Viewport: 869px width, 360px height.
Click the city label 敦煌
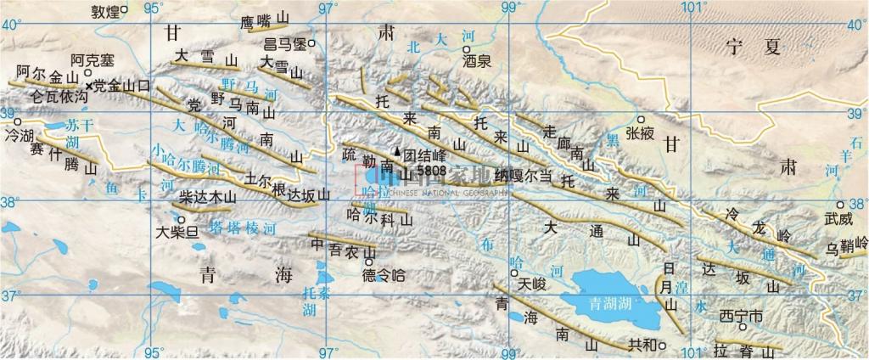pos(104,11)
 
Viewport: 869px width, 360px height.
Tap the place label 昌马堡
pos(284,43)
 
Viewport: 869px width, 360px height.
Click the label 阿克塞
pos(91,61)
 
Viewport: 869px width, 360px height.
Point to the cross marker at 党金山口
pos(88,85)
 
